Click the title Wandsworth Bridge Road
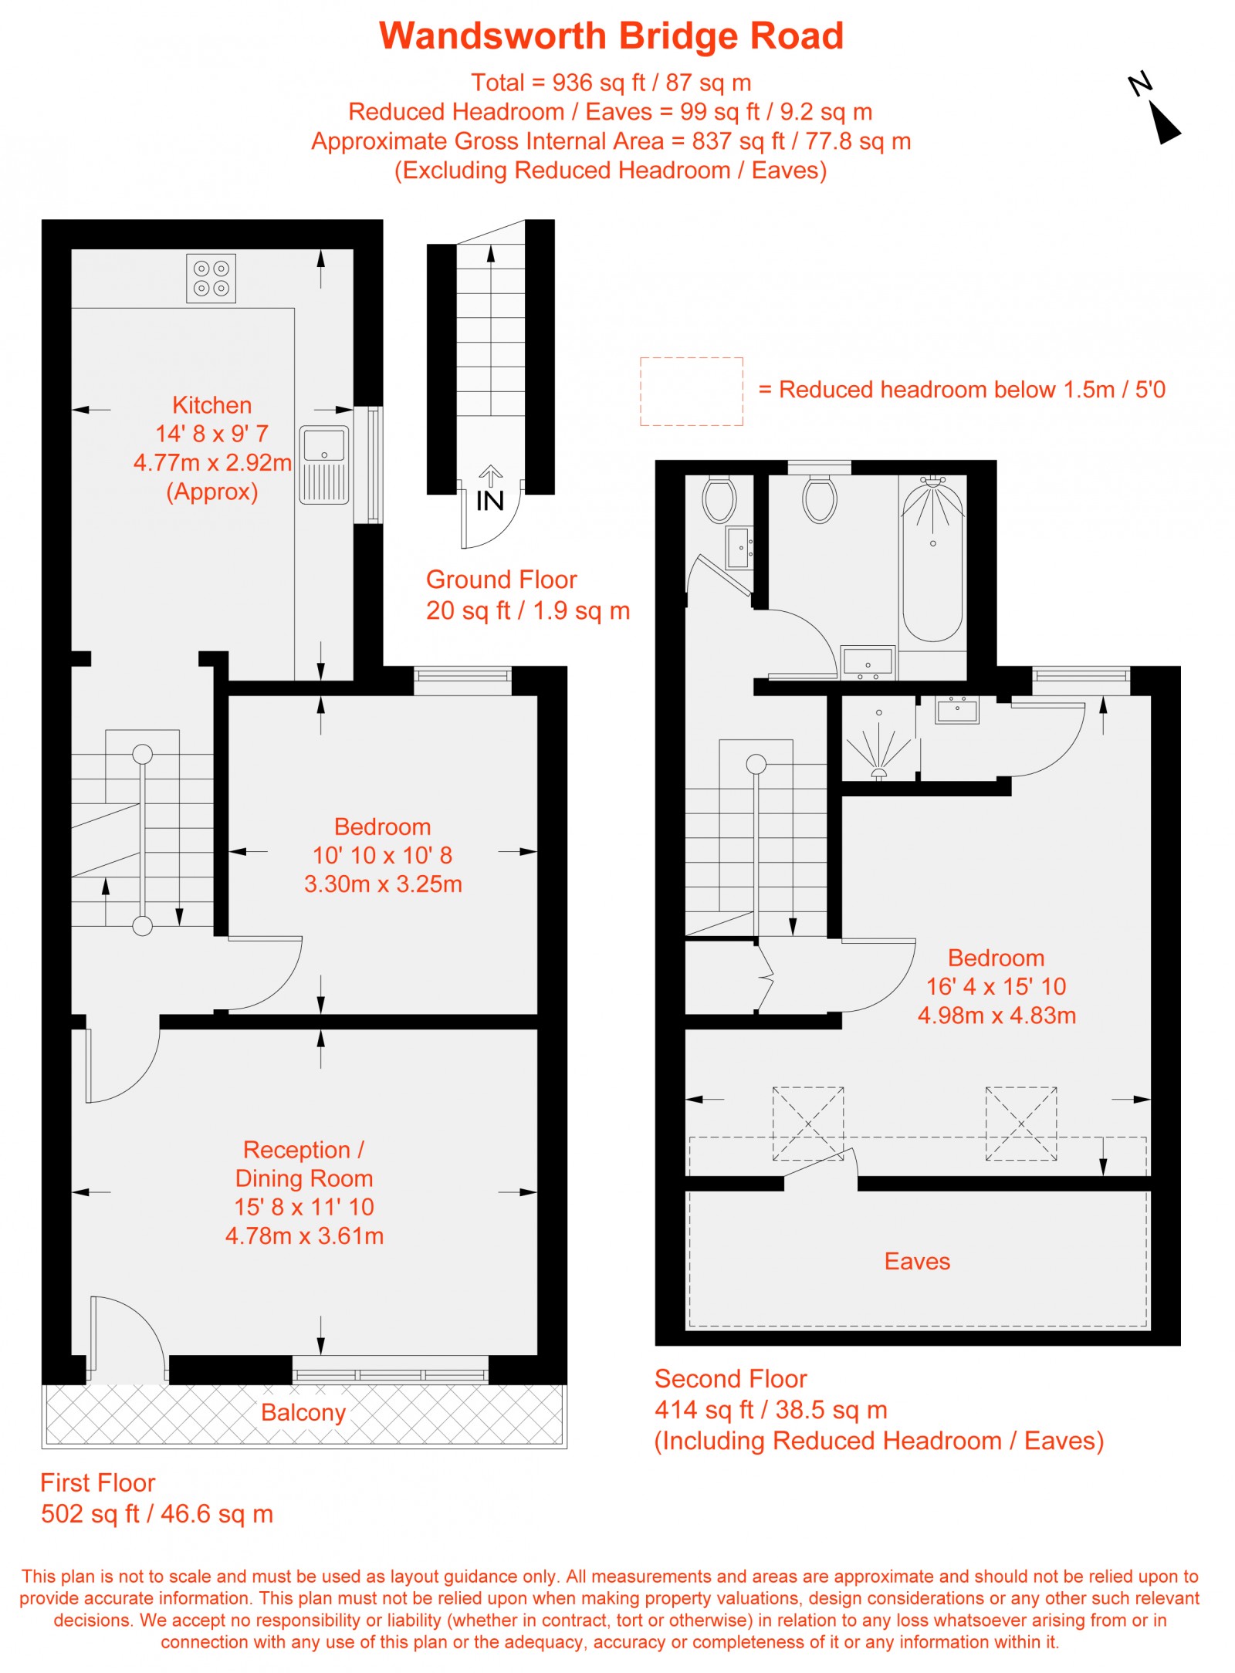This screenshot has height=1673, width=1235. click(611, 36)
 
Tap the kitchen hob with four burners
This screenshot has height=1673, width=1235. click(211, 279)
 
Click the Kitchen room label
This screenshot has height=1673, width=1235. click(211, 405)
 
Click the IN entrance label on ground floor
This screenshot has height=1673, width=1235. click(489, 502)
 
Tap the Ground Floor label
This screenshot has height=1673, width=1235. click(501, 580)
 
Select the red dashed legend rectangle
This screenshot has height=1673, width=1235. click(691, 391)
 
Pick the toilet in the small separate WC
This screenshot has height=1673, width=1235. click(719, 499)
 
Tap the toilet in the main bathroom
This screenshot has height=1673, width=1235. click(819, 499)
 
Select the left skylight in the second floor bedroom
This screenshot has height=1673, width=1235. click(807, 1124)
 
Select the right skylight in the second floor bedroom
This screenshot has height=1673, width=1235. click(1020, 1124)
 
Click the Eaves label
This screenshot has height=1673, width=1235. click(917, 1261)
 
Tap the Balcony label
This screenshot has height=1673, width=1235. click(303, 1412)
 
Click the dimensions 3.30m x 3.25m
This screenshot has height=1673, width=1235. click(383, 884)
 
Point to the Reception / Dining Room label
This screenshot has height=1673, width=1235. click(303, 1164)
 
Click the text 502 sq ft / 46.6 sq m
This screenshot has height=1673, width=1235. click(157, 1513)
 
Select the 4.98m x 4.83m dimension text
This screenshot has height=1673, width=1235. click(996, 1016)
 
